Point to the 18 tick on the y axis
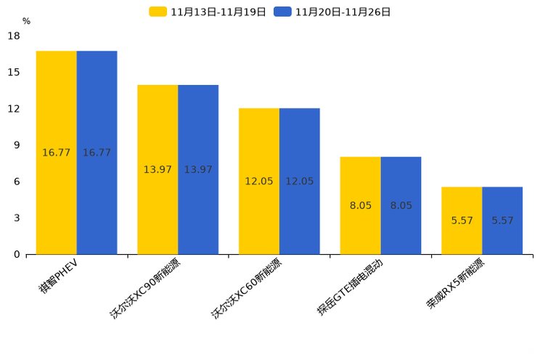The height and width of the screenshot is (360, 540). click(14, 36)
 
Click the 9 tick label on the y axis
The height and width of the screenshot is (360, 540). click(17, 145)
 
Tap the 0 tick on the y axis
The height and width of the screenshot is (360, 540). click(17, 255)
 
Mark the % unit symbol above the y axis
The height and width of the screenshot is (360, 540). click(26, 22)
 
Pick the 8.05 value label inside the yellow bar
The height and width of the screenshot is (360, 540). click(361, 205)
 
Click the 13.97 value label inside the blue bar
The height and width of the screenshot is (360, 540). click(198, 170)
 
